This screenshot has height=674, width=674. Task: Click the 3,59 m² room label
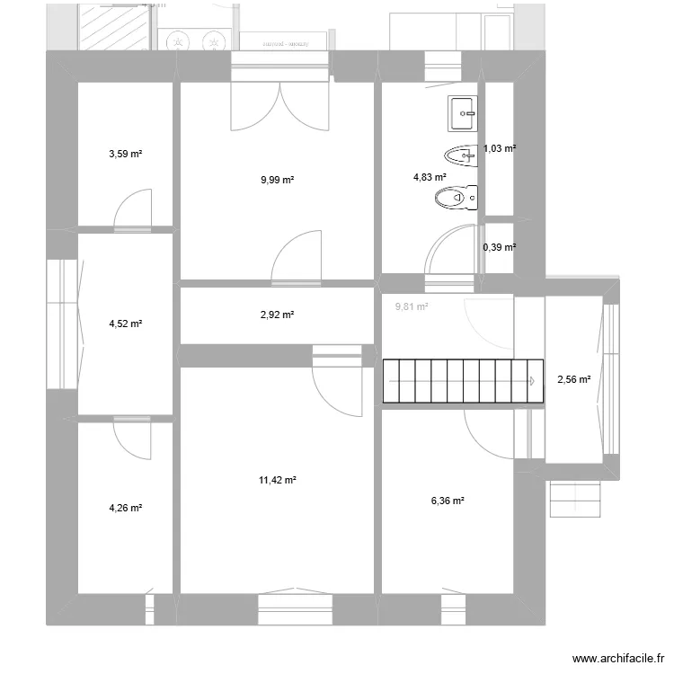pyautogui.click(x=126, y=154)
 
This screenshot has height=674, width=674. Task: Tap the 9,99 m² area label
pyautogui.click(x=278, y=180)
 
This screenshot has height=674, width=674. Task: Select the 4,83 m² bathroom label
pyautogui.click(x=430, y=177)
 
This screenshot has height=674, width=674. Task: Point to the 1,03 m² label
pyautogui.click(x=500, y=148)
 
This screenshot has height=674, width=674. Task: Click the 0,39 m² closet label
pyautogui.click(x=500, y=247)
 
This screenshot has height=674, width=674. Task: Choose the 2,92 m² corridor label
pyautogui.click(x=278, y=315)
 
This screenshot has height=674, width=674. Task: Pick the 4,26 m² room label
pyautogui.click(x=126, y=508)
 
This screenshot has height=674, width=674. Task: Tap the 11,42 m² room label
pyautogui.click(x=278, y=480)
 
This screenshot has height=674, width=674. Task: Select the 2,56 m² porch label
pyautogui.click(x=574, y=379)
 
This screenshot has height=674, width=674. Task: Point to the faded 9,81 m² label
pyautogui.click(x=412, y=306)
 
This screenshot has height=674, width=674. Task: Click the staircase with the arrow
pyautogui.click(x=463, y=381)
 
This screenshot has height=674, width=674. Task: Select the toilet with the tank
pyautogui.click(x=455, y=195)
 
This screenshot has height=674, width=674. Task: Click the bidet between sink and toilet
pyautogui.click(x=459, y=156)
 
